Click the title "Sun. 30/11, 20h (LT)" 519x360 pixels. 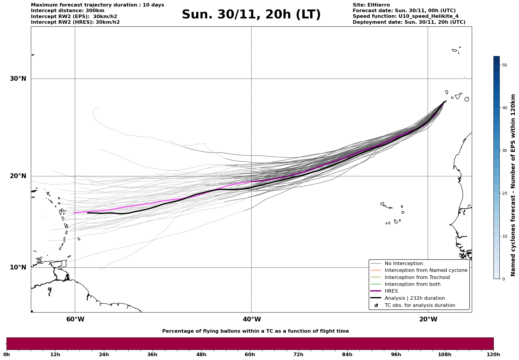(x=251, y=15)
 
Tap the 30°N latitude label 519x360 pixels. (x=18, y=79)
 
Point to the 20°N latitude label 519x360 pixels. (x=18, y=176)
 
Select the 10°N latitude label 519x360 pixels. (x=18, y=267)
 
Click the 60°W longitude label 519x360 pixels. (x=75, y=319)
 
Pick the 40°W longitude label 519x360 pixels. (x=252, y=319)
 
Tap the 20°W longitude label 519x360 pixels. (x=428, y=319)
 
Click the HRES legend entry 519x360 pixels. (x=391, y=291)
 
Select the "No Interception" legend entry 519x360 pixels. (x=404, y=264)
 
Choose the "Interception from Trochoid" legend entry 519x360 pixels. (x=417, y=277)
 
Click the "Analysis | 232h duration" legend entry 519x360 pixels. (x=414, y=298)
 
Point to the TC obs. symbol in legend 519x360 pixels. (x=376, y=305)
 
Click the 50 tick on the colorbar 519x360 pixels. (x=504, y=65)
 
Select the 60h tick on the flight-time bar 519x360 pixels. (x=250, y=354)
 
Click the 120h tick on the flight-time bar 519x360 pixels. (x=493, y=354)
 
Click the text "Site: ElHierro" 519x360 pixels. (x=371, y=5)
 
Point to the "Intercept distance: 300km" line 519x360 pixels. (x=68, y=11)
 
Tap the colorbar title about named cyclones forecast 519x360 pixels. (x=513, y=185)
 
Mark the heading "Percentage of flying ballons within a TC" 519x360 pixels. (x=255, y=331)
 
